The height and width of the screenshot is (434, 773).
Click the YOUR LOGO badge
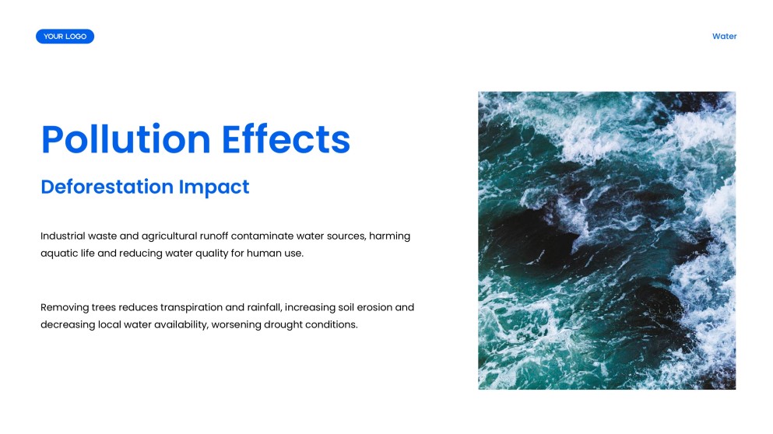pyautogui.click(x=65, y=37)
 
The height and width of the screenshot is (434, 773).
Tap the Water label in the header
pyautogui.click(x=724, y=37)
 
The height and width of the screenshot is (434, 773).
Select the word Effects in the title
pyautogui.click(x=286, y=140)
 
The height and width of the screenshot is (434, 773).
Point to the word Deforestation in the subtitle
pyautogui.click(x=107, y=187)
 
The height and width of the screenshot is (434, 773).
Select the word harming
pyautogui.click(x=390, y=236)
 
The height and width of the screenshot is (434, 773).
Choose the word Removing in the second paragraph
pyautogui.click(x=63, y=307)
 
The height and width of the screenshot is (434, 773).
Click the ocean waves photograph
pyautogui.click(x=606, y=240)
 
